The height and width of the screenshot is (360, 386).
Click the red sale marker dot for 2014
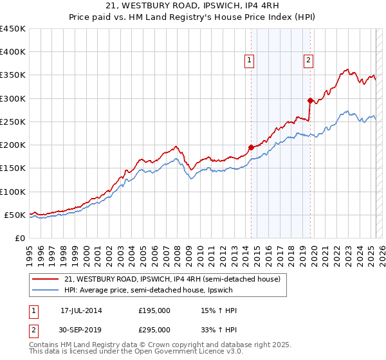[251, 147]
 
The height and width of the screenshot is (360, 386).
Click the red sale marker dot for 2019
[310, 100]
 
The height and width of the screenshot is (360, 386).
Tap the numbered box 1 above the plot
[249, 60]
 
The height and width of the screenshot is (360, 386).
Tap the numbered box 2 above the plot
[309, 60]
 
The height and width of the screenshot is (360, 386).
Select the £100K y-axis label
[13, 192]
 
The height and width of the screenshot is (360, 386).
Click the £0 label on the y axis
[20, 238]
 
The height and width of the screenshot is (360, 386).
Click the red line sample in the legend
[46, 280]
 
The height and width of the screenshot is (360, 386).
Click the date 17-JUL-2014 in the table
[81, 311]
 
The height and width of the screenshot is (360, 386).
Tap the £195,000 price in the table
[154, 311]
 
